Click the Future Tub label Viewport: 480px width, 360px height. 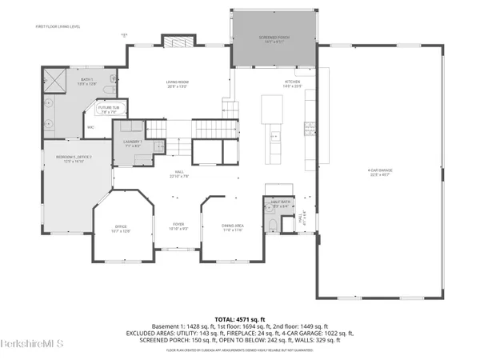click(x=107, y=110)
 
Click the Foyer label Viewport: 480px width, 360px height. click(x=179, y=226)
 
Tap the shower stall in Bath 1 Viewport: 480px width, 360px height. click(x=54, y=81)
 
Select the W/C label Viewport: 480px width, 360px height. click(x=90, y=127)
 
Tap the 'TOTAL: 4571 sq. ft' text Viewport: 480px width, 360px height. click(x=240, y=319)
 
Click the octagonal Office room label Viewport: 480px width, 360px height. click(x=120, y=228)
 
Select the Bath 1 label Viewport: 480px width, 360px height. click(x=64, y=81)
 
